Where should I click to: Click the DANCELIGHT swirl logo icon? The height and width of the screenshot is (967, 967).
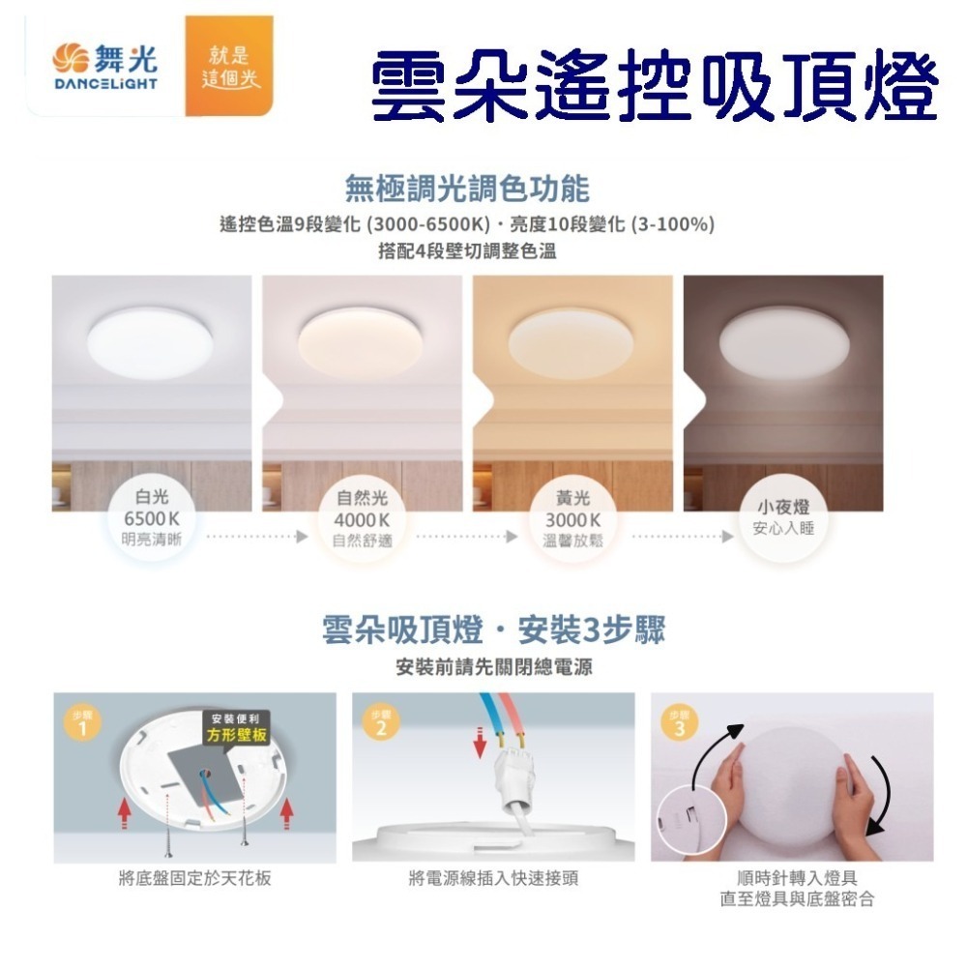coord(71,58)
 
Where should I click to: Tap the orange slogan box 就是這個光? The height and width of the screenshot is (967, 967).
coord(229,66)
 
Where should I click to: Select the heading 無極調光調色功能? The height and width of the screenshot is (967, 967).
coord(467,189)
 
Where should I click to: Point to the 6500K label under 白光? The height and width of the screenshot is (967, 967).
coord(152,518)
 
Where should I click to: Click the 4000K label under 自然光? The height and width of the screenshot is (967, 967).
coord(362,520)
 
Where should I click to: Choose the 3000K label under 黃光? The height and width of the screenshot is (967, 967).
coord(572,520)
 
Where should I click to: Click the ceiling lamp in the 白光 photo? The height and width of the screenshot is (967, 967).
coord(150,343)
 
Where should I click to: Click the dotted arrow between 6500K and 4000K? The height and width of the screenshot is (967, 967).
coord(257,537)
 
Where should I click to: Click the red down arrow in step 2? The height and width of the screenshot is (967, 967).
coord(480,743)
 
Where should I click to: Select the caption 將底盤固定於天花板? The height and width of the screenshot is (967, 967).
coord(195,878)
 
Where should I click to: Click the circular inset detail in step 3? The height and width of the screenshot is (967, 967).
coord(692,820)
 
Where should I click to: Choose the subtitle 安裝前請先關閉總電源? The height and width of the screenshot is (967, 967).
coord(494,666)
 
